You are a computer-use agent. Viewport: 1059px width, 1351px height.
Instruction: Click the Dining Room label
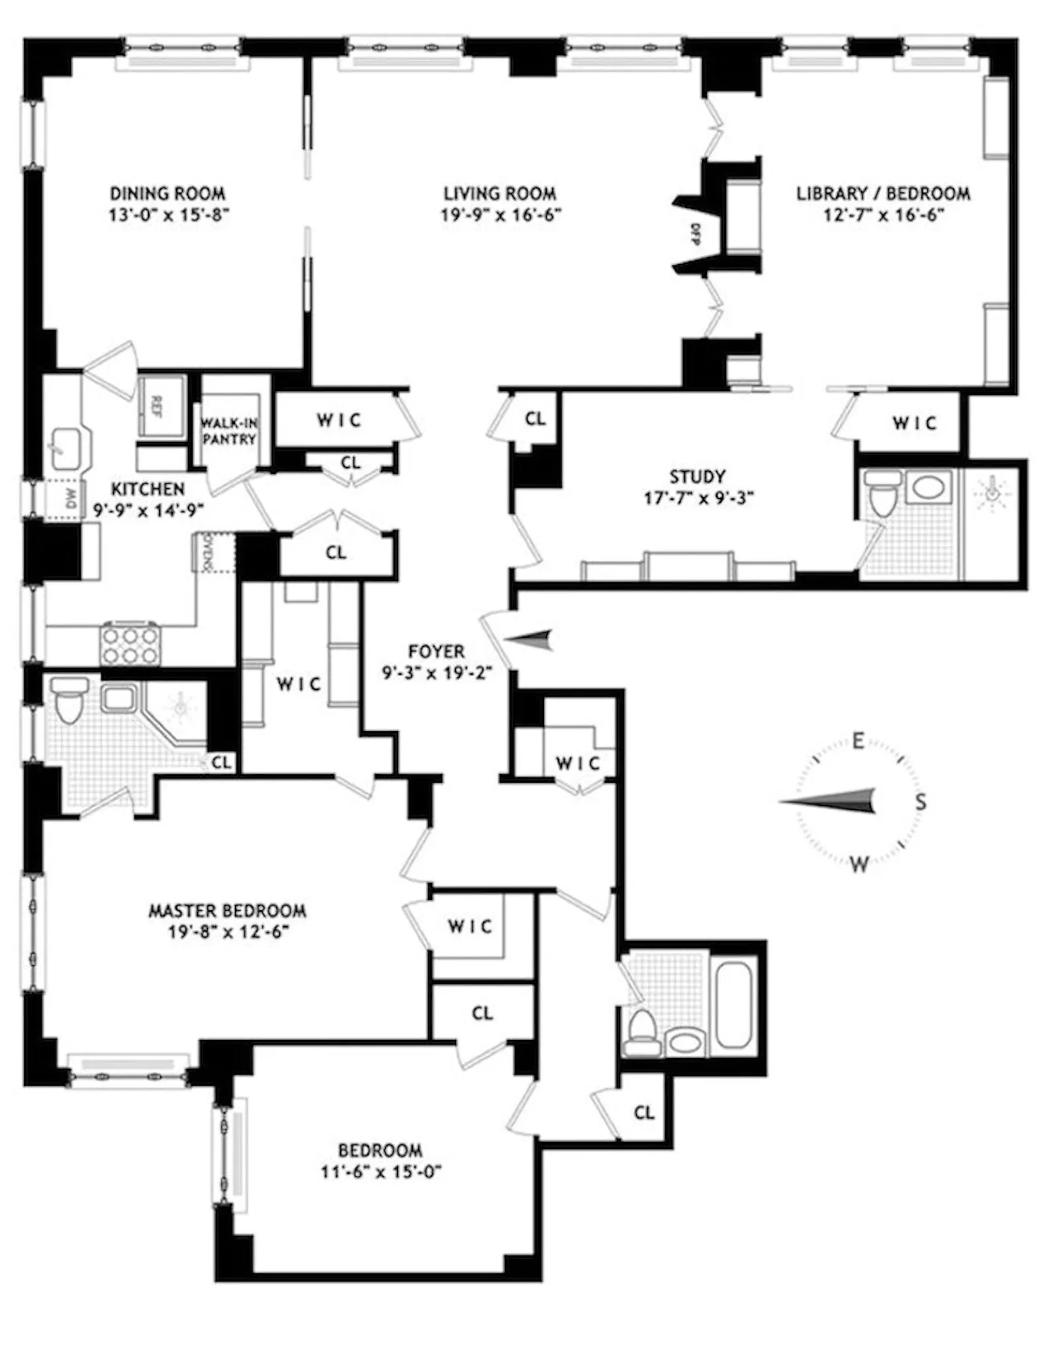tap(167, 194)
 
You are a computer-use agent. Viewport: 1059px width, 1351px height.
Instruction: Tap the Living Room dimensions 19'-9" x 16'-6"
tap(500, 215)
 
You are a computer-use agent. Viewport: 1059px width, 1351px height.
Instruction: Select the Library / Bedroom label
tap(883, 194)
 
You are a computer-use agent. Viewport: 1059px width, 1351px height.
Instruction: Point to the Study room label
tap(697, 476)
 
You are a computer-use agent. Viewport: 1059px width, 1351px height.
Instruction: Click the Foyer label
tap(436, 651)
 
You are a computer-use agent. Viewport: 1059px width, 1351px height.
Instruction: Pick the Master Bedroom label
tap(227, 911)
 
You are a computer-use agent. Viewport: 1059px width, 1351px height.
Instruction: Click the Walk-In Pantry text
tap(229, 431)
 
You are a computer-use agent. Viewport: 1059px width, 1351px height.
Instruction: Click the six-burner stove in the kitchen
tap(130, 645)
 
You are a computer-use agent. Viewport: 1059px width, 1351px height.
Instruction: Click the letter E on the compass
tap(858, 740)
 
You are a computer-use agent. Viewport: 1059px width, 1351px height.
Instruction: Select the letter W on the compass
tap(859, 863)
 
